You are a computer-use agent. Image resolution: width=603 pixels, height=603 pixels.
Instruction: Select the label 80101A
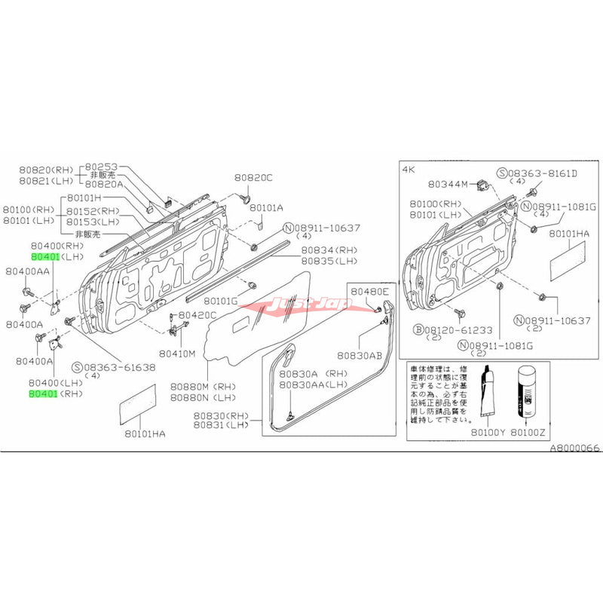[x=267, y=207]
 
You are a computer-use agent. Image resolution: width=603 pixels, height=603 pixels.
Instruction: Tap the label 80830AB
[x=361, y=355]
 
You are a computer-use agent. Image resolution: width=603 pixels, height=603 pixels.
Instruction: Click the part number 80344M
[x=448, y=182]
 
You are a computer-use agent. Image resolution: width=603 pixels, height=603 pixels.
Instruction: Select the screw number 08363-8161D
[x=542, y=173]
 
